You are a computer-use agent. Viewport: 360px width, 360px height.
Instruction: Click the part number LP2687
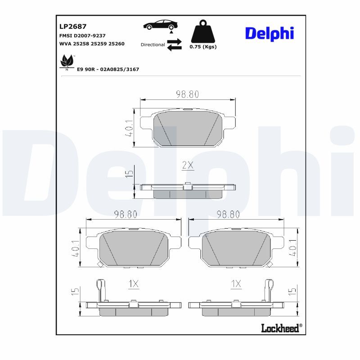tap(73, 27)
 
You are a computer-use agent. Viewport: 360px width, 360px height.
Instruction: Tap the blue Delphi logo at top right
tap(269, 33)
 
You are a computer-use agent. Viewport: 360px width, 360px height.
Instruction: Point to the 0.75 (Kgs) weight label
tap(203, 47)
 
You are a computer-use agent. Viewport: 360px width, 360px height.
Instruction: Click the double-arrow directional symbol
tap(174, 44)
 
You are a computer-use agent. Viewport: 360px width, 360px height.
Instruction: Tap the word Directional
tap(153, 45)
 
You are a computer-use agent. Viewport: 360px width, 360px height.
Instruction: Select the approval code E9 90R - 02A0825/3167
tap(108, 69)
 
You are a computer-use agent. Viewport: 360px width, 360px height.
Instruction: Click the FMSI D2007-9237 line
tap(82, 35)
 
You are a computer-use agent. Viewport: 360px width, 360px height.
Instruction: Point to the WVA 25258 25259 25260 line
tap(92, 44)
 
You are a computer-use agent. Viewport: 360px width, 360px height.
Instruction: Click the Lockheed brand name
tap(280, 328)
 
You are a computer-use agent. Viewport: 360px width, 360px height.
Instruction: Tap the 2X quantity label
tap(188, 165)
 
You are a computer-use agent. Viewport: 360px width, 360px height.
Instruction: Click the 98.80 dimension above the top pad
tap(187, 94)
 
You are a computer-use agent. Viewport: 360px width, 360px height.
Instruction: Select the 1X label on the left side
tap(134, 284)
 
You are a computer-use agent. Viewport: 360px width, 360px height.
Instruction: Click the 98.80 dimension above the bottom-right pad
tap(228, 215)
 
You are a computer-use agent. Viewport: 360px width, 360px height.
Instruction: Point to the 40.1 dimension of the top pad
tap(129, 128)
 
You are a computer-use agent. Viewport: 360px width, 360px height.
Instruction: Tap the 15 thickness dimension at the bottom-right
tap(292, 291)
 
